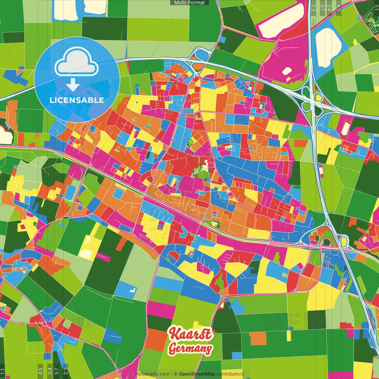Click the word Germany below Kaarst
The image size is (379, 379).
(x=190, y=349)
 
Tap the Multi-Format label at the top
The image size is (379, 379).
(x=189, y=3)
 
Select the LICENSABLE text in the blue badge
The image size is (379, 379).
(x=77, y=100)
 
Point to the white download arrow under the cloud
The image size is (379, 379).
(x=73, y=85)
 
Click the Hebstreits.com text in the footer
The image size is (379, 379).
(x=152, y=374)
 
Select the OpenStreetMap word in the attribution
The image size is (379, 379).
(x=197, y=374)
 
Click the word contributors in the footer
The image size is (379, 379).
(x=230, y=374)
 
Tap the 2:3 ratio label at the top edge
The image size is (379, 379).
(x=313, y=8)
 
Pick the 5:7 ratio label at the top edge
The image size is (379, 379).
(x=322, y=8)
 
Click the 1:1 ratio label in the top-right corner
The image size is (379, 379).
(x=376, y=8)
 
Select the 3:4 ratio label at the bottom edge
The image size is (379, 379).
(x=49, y=371)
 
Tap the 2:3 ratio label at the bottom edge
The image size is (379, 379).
(x=65, y=371)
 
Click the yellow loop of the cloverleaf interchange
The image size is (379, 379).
(x=318, y=97)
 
